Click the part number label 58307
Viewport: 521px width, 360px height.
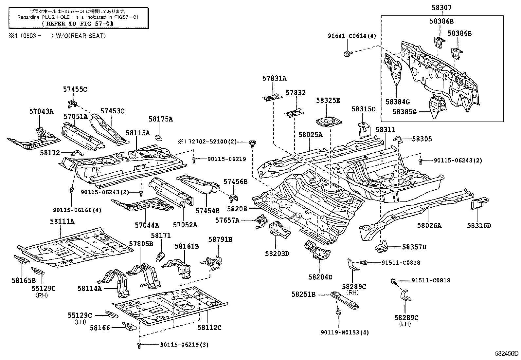441,7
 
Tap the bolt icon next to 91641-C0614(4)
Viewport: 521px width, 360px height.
348,53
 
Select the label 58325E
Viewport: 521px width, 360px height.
328,101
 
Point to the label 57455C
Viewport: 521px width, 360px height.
75,89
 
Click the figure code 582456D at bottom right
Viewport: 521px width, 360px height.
506,353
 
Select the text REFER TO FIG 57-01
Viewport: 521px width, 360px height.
78,24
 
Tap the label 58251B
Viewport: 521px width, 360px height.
303,294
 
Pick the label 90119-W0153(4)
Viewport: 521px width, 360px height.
345,332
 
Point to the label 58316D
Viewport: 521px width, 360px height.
479,225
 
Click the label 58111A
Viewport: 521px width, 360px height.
62,221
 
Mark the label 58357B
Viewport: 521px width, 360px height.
414,247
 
